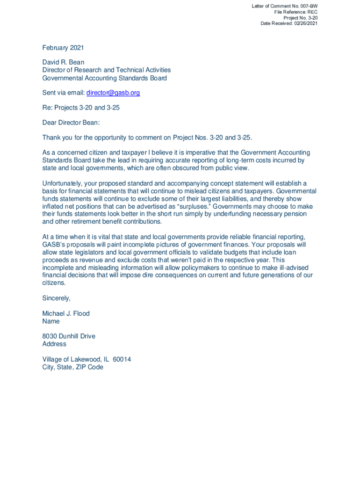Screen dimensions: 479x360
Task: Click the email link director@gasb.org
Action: (x=113, y=93)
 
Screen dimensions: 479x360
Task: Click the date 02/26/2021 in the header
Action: (x=305, y=23)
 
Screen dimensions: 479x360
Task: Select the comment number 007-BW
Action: (x=308, y=6)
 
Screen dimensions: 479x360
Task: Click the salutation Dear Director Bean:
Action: (x=71, y=123)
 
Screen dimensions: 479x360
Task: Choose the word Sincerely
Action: (x=56, y=298)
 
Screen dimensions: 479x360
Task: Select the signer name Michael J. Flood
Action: (x=66, y=313)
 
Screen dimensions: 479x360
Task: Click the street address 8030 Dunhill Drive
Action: (x=69, y=336)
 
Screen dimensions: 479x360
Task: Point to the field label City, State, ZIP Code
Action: (x=72, y=367)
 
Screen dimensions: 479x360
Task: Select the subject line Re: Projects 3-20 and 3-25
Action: (x=81, y=108)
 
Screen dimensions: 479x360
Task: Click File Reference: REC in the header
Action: (x=296, y=12)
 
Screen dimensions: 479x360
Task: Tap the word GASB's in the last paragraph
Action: (x=53, y=244)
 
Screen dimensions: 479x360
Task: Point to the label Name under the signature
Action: (x=51, y=321)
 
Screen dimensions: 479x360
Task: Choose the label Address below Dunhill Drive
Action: (x=54, y=344)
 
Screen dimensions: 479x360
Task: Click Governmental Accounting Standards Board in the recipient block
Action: (x=104, y=78)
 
